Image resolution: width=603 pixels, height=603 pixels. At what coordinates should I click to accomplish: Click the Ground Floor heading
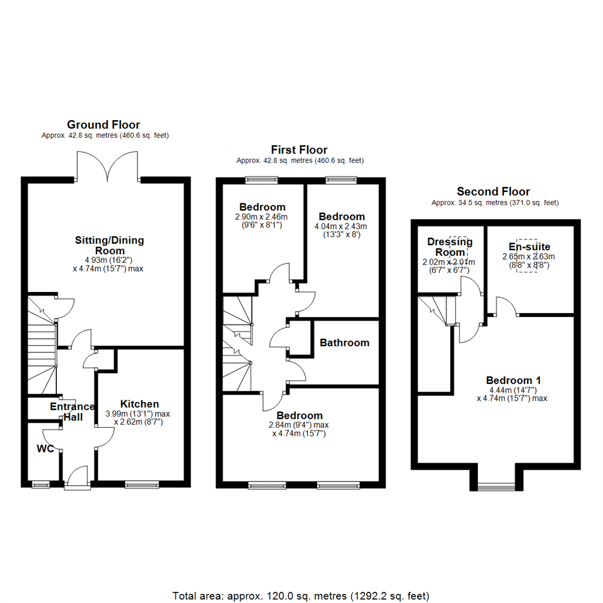tap(103, 125)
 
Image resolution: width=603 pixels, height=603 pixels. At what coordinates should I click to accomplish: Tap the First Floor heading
tap(299, 150)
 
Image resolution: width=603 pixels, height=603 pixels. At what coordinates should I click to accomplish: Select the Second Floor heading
tap(494, 192)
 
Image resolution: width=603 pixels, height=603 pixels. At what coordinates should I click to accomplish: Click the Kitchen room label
tap(140, 404)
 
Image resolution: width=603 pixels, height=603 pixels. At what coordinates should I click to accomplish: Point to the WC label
tap(45, 449)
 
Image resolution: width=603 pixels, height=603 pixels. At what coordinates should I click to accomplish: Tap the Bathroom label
tap(344, 343)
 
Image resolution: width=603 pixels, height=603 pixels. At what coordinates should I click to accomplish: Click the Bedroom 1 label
tap(514, 380)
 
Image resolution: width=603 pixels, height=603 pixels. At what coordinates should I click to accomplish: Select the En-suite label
tap(529, 247)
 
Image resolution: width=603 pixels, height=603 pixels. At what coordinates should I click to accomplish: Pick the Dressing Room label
tap(450, 247)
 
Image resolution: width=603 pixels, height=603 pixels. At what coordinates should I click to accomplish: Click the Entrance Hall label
tap(73, 412)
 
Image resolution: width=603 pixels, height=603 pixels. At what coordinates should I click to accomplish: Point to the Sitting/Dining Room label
tap(109, 245)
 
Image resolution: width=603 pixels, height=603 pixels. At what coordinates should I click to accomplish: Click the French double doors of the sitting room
tap(107, 166)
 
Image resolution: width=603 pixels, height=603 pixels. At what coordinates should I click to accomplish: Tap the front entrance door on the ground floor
tap(77, 477)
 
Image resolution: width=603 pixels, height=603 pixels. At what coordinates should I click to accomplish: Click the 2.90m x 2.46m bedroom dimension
tap(261, 217)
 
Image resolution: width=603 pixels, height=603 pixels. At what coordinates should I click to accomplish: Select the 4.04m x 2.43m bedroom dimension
tap(341, 227)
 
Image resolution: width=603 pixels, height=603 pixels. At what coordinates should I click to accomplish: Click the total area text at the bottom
tap(301, 596)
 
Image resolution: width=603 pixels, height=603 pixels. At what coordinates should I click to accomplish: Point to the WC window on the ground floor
tap(41, 485)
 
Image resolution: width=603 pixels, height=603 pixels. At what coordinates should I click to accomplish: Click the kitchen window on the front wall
tap(142, 485)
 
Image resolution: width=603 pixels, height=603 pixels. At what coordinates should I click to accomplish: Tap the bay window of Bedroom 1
tap(496, 487)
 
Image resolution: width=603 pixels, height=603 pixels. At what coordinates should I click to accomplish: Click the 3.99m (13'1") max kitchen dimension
tap(138, 414)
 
